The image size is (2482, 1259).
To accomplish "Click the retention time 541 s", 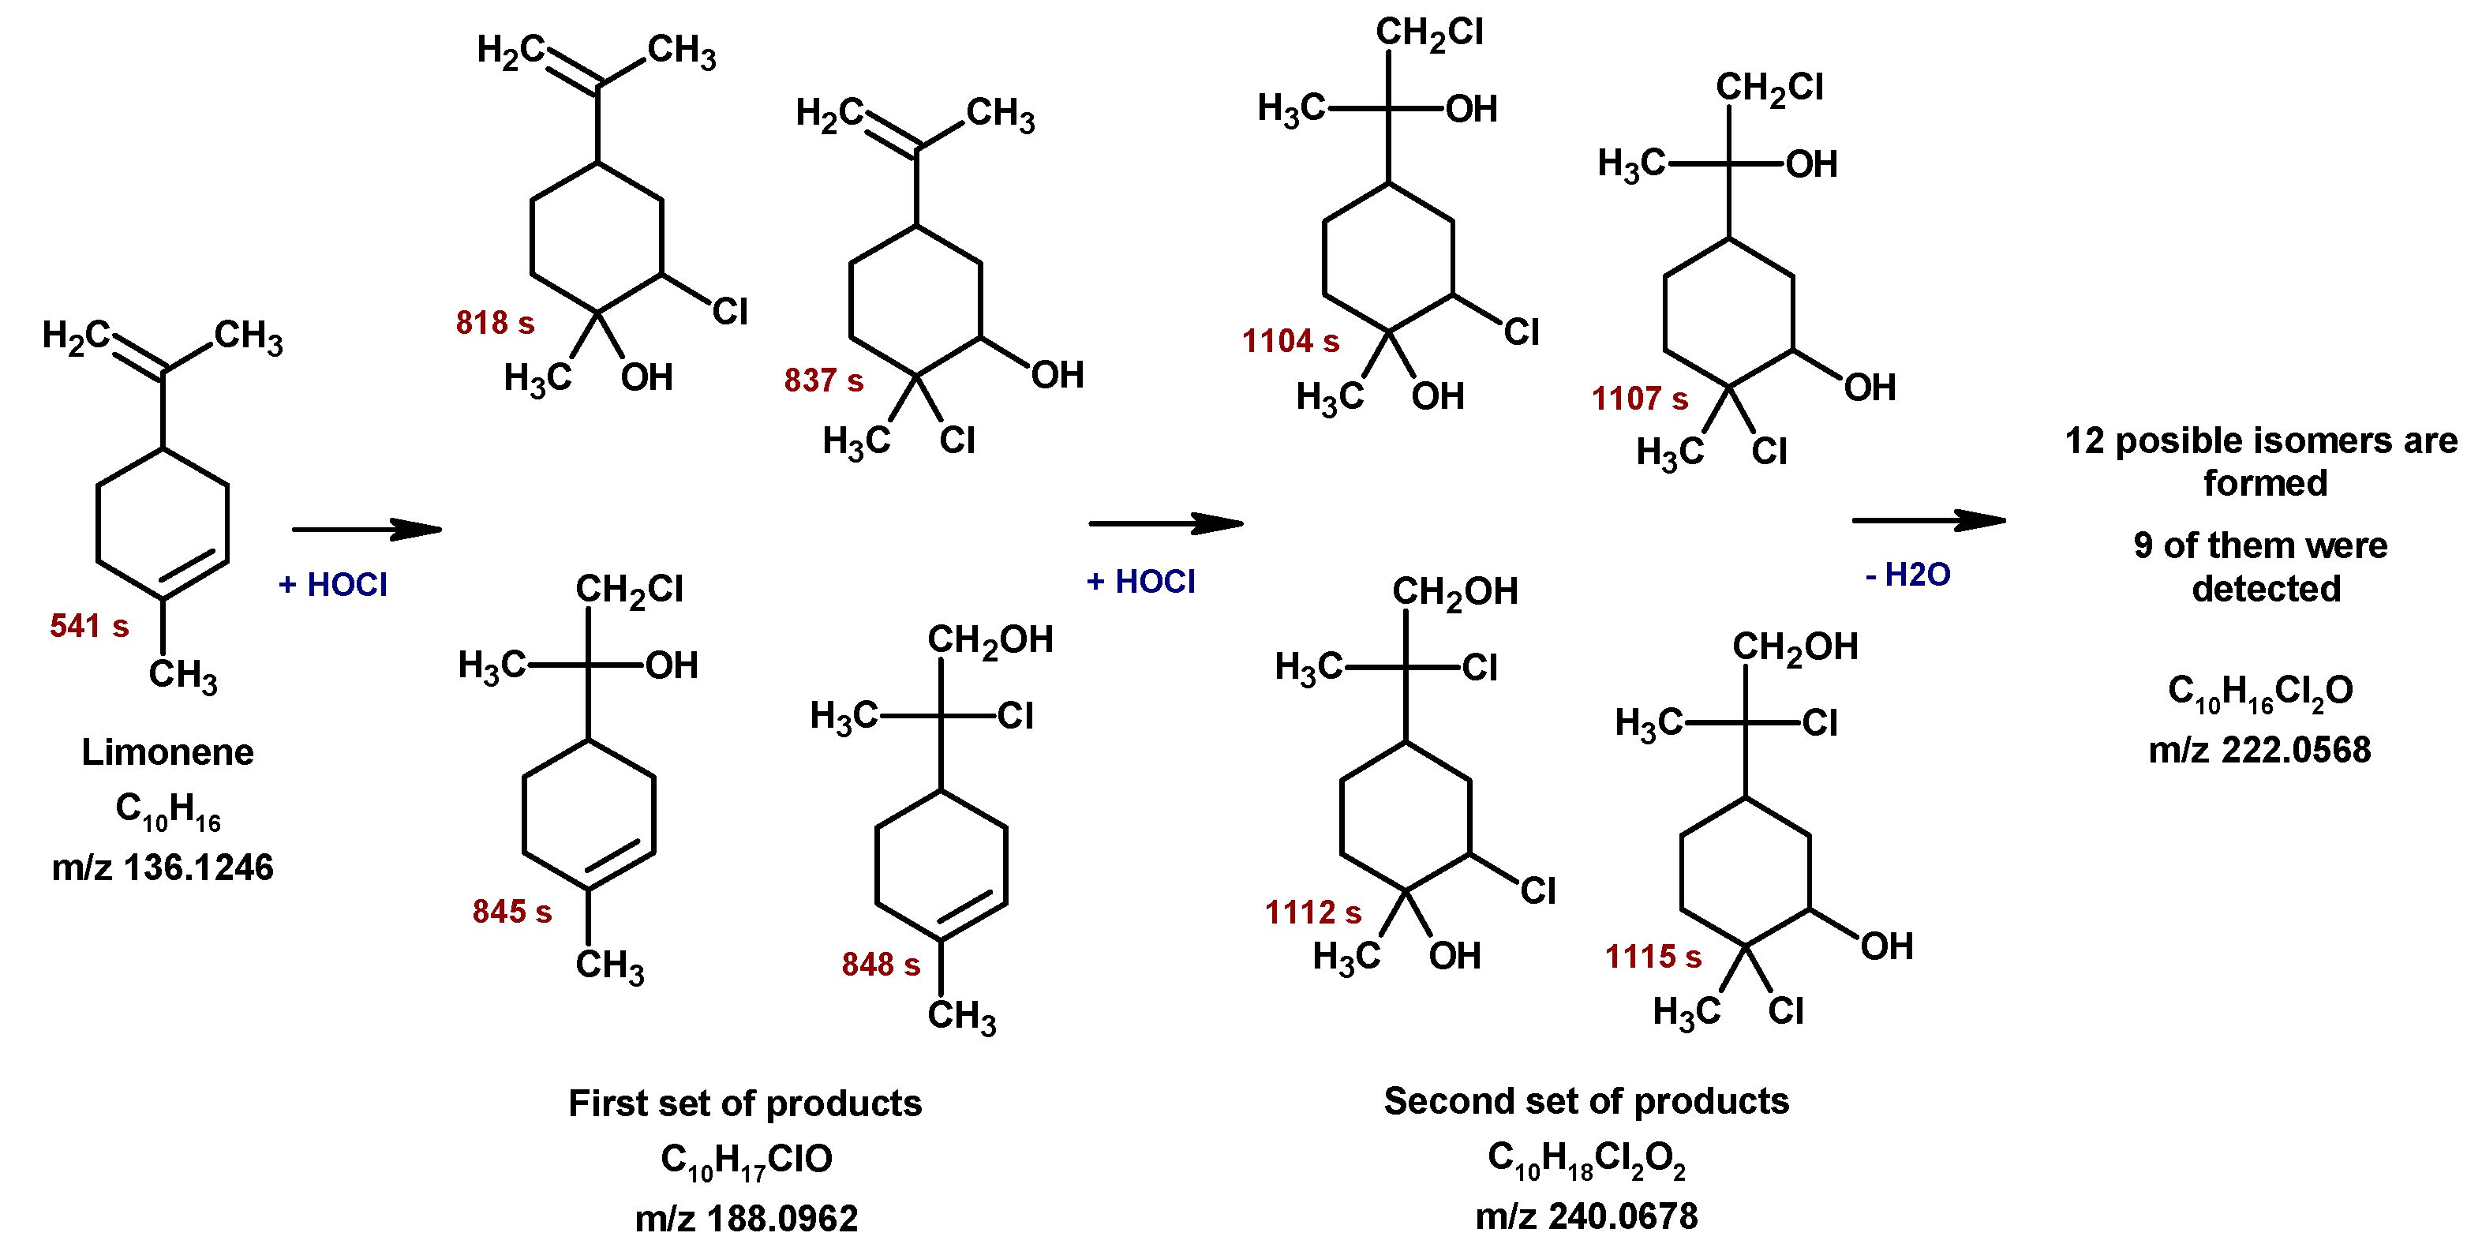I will tap(88, 626).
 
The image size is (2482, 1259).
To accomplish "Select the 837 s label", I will tap(824, 380).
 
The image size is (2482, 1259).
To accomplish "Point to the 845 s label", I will tap(511, 911).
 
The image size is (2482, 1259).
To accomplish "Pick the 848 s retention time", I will tap(881, 964).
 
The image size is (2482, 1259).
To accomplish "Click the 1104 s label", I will tap(1290, 341).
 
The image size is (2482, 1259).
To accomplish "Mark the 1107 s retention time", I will tap(1639, 398).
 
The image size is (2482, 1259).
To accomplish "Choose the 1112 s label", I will tap(1312, 912).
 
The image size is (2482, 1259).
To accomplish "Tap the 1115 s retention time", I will tap(1653, 957).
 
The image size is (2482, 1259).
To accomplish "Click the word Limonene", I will tap(167, 752).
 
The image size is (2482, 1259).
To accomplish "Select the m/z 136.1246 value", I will tap(163, 867).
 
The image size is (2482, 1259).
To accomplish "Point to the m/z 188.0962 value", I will tap(746, 1219).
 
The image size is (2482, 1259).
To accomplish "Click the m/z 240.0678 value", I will tap(1586, 1216).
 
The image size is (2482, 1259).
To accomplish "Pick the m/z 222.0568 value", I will tap(2259, 749).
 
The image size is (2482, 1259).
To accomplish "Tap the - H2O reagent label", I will tap(1907, 575).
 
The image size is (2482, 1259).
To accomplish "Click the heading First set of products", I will tap(745, 1103).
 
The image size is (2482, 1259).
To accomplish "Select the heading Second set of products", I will tap(1586, 1101).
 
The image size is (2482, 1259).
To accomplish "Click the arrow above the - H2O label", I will tap(1928, 520).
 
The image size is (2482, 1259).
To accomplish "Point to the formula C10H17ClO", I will tap(746, 1160).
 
